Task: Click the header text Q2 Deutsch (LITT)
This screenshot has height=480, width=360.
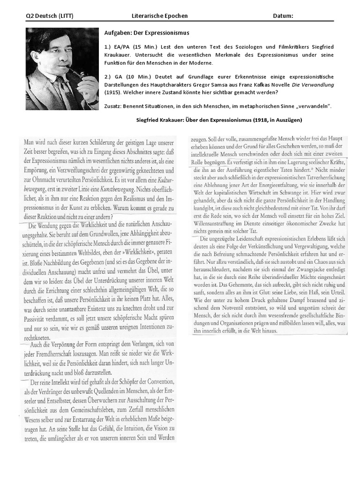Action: (x=49, y=16)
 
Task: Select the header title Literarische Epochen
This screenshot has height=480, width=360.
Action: (x=160, y=16)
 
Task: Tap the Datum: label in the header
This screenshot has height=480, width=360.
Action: (x=283, y=16)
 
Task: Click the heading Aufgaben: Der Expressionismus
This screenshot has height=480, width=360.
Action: (x=146, y=33)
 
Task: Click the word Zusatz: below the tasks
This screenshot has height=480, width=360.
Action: (x=114, y=106)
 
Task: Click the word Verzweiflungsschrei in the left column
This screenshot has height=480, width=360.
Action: (x=84, y=171)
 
